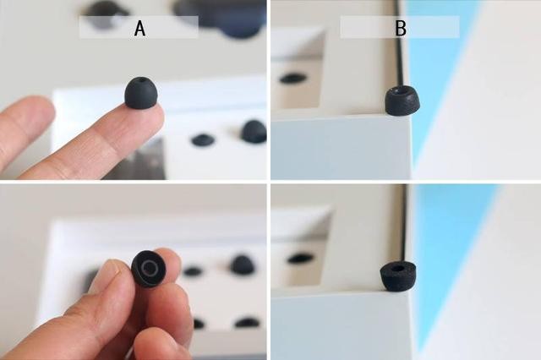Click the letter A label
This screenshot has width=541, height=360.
(139, 28)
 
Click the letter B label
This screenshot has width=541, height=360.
(401, 28)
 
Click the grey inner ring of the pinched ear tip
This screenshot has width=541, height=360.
(150, 267)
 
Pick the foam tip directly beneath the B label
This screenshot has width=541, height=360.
(402, 100)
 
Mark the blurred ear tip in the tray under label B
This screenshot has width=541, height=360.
(292, 79)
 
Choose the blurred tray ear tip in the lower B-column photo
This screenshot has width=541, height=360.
(301, 258)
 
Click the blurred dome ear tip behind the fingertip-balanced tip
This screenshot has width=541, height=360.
(254, 131)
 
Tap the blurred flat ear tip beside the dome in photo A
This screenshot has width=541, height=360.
(203, 140)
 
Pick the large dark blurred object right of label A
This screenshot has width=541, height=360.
(224, 17)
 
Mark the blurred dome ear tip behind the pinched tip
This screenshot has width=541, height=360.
(243, 265)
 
